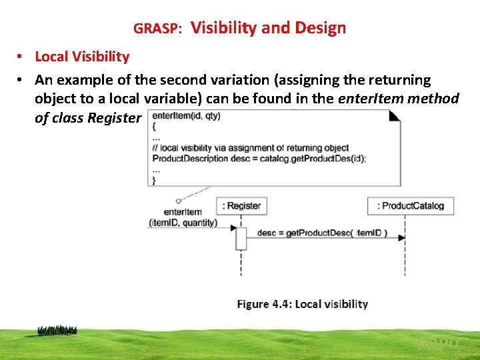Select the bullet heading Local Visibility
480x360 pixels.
click(82, 57)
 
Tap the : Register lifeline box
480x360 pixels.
click(241, 206)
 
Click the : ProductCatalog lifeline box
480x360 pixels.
click(411, 206)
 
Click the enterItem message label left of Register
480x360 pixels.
click(182, 212)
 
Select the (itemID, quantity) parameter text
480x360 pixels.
click(183, 222)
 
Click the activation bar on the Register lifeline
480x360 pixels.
click(241, 238)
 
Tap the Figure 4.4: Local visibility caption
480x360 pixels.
click(302, 304)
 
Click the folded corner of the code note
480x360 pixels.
click(394, 115)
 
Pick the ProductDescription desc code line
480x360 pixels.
click(259, 159)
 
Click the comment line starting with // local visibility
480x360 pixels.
click(250, 148)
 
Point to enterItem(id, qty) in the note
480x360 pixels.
click(186, 116)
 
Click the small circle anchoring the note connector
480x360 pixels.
click(179, 201)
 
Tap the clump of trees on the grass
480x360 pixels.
click(57, 330)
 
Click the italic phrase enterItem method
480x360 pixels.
click(399, 99)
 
